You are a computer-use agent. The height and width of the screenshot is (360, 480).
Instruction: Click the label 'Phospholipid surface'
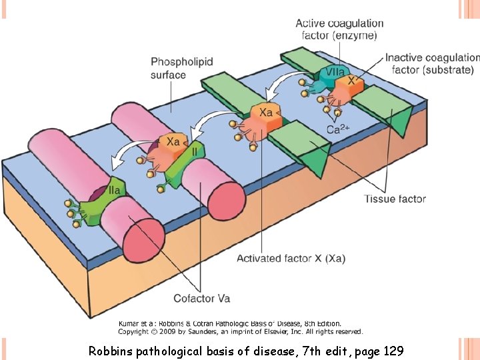[x=181, y=68]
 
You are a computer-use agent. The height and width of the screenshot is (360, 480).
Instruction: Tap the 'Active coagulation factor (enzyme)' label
[x=339, y=29]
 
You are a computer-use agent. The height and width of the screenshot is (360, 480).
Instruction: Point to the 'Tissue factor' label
[x=395, y=199]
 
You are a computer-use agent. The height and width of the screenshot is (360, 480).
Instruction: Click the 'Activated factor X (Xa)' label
[x=291, y=258]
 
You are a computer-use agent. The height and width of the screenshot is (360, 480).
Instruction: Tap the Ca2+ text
[x=339, y=129]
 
